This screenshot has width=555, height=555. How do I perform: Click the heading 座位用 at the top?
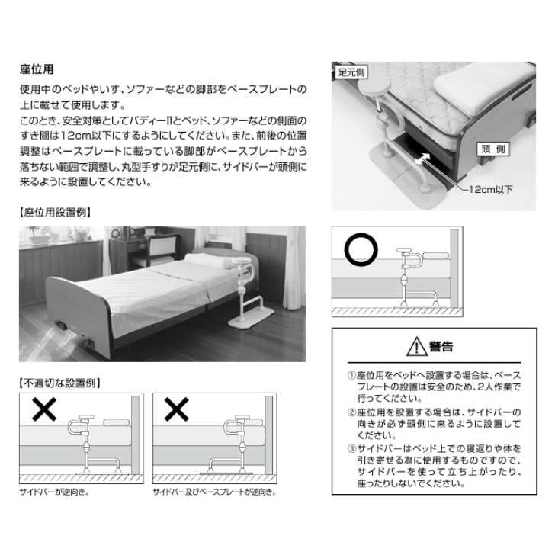[37, 69]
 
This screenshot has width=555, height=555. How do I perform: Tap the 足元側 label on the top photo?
[351, 72]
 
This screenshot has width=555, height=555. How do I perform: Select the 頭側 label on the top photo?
[493, 149]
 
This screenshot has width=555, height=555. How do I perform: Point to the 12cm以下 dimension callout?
[491, 190]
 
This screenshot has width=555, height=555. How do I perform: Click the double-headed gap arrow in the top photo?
[422, 159]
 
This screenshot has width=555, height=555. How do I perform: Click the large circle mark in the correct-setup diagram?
[361, 249]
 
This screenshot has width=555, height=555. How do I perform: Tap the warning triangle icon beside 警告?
[416, 347]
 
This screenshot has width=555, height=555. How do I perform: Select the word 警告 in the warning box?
[441, 347]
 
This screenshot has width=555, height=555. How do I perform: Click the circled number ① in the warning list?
[351, 375]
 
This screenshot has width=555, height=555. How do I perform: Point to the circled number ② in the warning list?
[351, 412]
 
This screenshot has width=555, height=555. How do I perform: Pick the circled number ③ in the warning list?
[351, 449]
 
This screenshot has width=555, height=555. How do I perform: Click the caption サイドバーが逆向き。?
[54, 492]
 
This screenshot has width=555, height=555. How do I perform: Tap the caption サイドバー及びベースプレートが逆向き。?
[214, 492]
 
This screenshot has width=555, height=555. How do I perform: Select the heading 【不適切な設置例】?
[60, 383]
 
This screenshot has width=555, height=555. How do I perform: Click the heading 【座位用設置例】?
[56, 213]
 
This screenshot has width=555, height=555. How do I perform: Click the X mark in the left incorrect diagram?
[44, 409]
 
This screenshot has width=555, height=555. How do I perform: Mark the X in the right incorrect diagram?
[176, 409]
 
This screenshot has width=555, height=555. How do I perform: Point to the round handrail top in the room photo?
[242, 261]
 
